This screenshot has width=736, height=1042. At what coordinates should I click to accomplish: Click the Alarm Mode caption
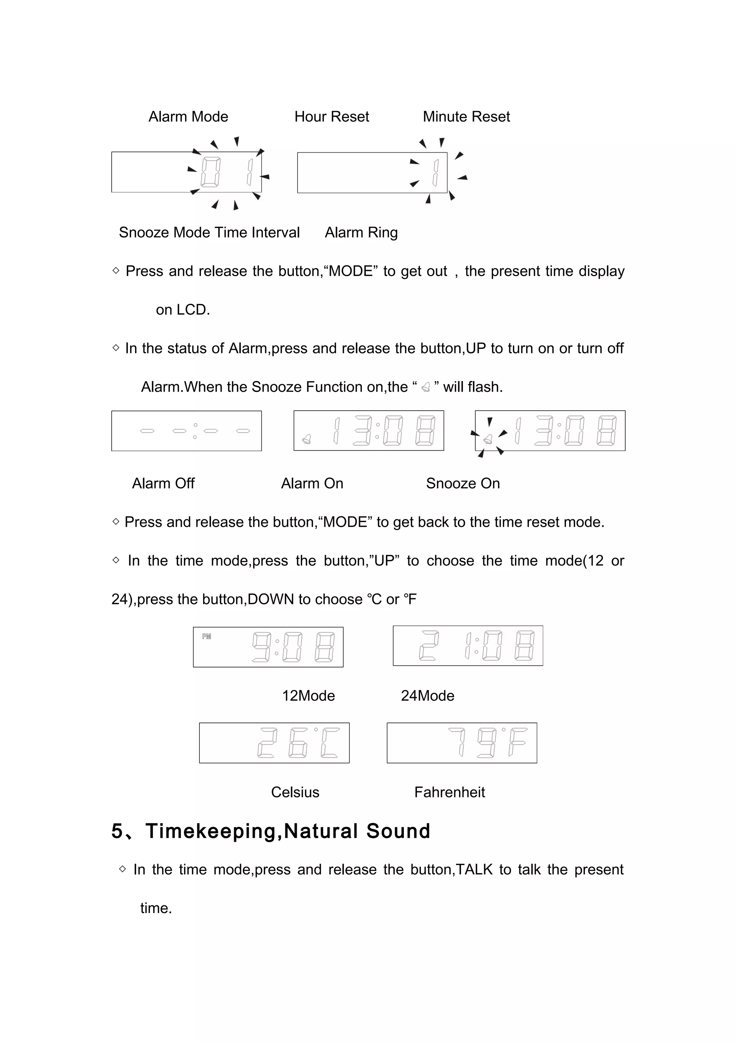[188, 116]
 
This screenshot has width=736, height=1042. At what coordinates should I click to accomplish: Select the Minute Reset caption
[466, 116]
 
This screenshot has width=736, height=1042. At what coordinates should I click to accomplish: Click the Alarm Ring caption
[361, 232]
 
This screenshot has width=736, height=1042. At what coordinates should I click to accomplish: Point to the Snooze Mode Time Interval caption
[209, 232]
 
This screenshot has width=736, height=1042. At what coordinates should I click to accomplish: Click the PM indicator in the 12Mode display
[207, 636]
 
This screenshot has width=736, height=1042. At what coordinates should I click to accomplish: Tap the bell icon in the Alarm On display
[307, 439]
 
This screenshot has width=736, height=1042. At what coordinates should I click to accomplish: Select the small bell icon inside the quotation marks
[425, 387]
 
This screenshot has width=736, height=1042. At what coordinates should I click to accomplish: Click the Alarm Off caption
[163, 483]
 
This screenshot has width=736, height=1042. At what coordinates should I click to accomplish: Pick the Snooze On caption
[463, 483]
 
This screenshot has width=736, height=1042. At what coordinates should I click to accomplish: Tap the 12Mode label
[308, 696]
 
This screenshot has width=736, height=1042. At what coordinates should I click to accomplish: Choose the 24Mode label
[427, 696]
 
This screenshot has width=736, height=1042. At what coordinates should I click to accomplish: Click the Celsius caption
[295, 792]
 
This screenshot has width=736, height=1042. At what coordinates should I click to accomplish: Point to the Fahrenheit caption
[450, 792]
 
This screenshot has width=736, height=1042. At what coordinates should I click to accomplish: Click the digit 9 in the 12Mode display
[261, 647]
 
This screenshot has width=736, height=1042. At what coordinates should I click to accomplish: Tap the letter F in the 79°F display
[517, 743]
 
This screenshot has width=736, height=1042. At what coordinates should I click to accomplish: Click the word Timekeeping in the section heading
[211, 831]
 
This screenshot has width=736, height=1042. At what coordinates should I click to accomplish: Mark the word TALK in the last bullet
[474, 869]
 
